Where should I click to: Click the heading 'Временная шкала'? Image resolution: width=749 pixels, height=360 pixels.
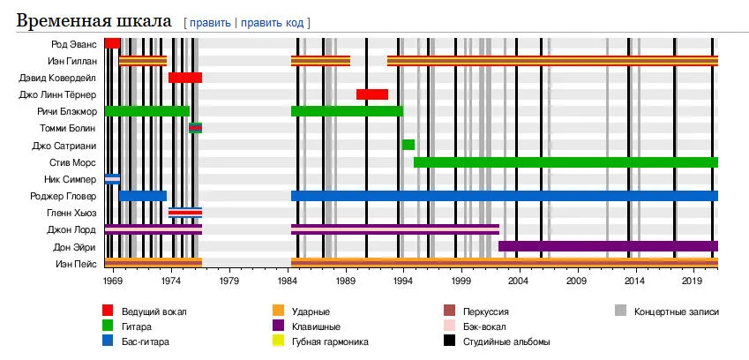click(x=95, y=20)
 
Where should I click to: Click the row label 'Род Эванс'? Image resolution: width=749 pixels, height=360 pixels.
click(x=75, y=43)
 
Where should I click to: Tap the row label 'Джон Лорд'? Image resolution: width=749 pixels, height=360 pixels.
click(x=72, y=229)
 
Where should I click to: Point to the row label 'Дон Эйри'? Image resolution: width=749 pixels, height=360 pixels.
click(x=75, y=246)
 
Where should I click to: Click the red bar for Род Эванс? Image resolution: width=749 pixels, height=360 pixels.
click(x=112, y=43)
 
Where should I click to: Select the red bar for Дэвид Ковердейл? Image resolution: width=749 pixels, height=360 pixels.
click(x=185, y=78)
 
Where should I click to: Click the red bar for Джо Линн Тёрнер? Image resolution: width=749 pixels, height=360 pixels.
click(x=372, y=94)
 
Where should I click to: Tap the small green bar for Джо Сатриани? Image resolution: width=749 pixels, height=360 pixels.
click(x=408, y=145)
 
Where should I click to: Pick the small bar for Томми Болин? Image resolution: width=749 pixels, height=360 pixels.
click(x=196, y=128)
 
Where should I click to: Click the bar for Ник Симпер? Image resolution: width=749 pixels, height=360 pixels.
click(x=112, y=179)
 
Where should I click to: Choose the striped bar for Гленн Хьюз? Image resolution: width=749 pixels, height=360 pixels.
click(x=185, y=213)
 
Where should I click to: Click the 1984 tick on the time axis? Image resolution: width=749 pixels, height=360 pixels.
click(x=291, y=281)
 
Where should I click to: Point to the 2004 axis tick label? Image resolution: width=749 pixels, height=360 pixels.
click(x=519, y=281)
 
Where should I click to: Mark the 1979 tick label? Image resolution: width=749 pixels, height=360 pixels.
click(x=229, y=281)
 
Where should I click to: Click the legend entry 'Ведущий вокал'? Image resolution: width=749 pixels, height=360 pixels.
click(x=155, y=311)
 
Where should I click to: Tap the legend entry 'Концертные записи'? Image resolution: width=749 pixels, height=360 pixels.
click(x=677, y=311)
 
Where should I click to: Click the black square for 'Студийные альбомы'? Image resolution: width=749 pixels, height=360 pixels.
click(x=448, y=341)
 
